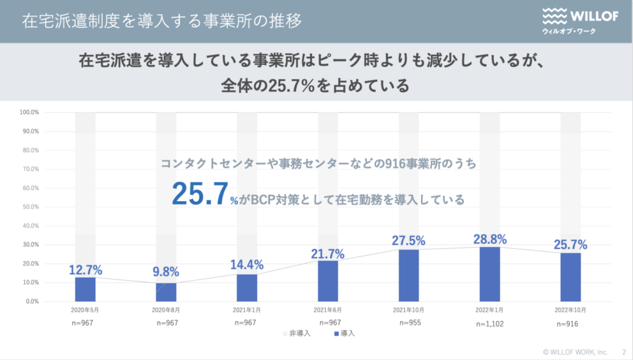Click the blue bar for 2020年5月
pyautogui.click(x=85, y=289)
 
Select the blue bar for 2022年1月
pyautogui.click(x=490, y=274)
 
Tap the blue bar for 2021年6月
pyautogui.click(x=328, y=281)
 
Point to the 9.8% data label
pyautogui.click(x=166, y=272)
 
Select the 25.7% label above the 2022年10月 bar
pyautogui.click(x=571, y=244)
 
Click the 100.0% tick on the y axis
pyautogui.click(x=30, y=113)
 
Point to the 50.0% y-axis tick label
pyautogui.click(x=30, y=207)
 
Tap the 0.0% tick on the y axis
pyautogui.click(x=31, y=302)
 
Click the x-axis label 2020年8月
pyautogui.click(x=166, y=310)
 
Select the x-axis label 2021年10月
pyautogui.click(x=409, y=310)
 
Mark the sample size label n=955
pyautogui.click(x=409, y=323)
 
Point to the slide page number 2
pyautogui.click(x=624, y=351)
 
